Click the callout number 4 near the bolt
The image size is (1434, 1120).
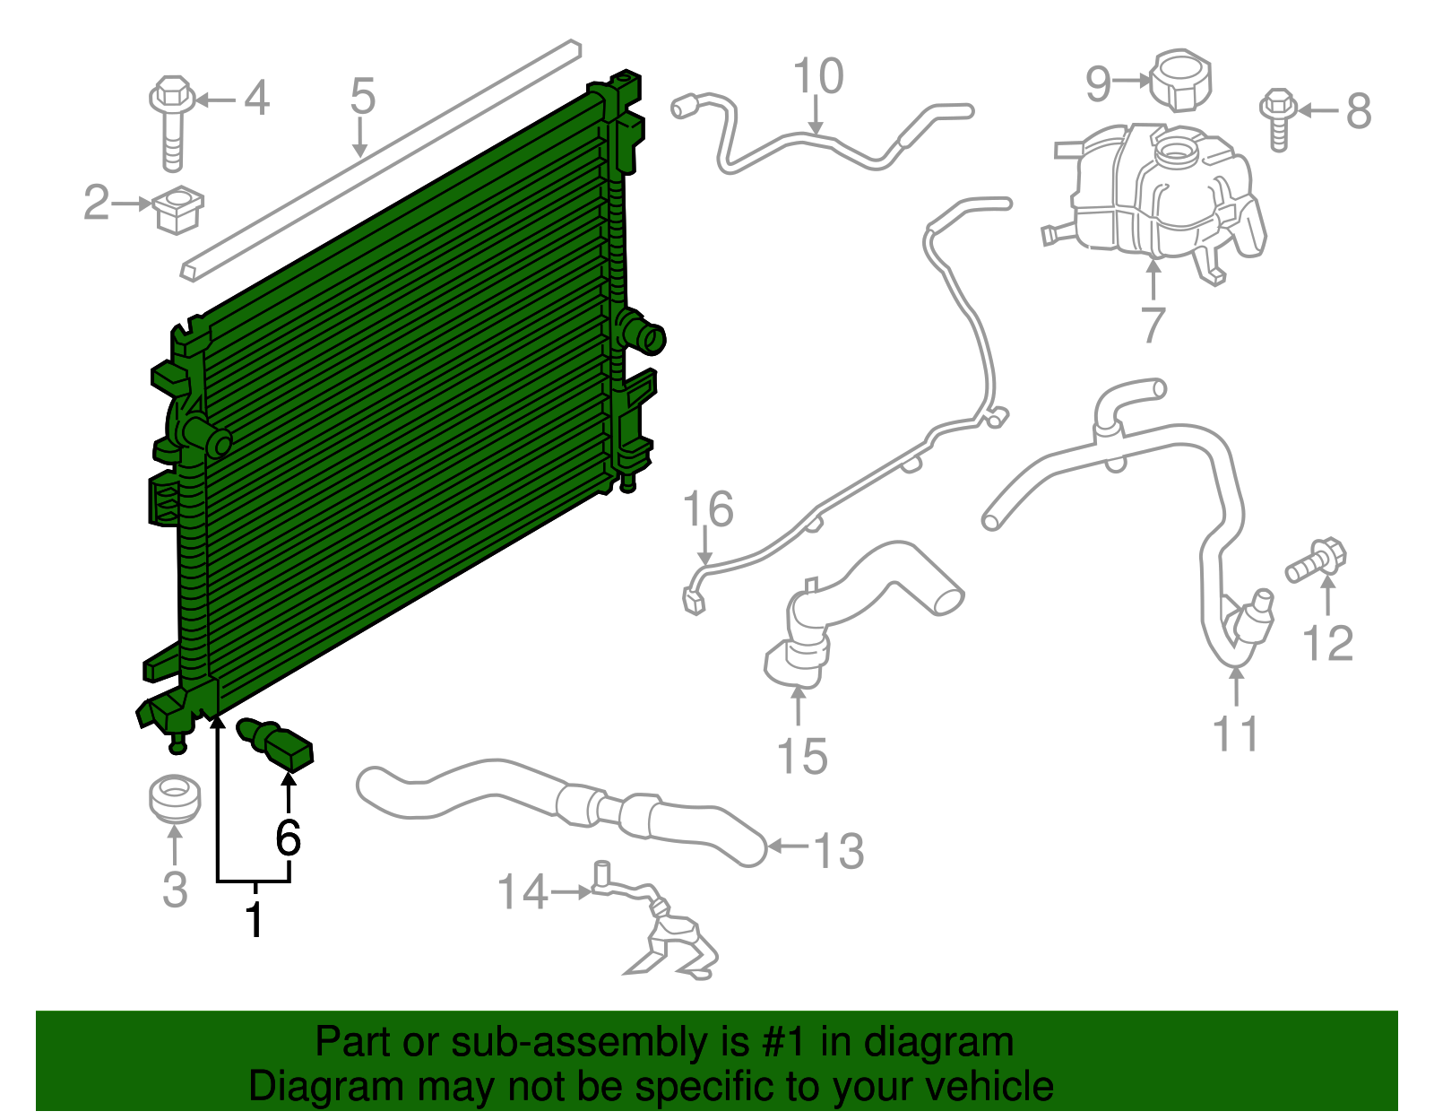click(x=256, y=98)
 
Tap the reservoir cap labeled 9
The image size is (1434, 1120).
click(x=1180, y=81)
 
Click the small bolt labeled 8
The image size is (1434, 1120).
click(x=1278, y=117)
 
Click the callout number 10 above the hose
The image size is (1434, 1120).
click(x=818, y=76)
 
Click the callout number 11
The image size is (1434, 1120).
click(x=1236, y=734)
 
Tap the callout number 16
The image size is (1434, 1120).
click(x=708, y=509)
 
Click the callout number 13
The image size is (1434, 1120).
click(x=839, y=851)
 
